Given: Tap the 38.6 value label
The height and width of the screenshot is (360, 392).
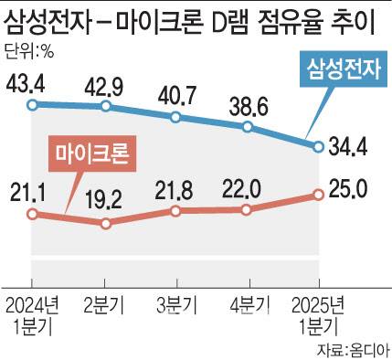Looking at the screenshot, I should click(x=246, y=104).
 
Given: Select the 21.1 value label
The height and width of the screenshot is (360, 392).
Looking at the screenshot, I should click(x=31, y=191).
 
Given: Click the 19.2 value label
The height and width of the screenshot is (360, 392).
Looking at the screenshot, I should click(x=108, y=197).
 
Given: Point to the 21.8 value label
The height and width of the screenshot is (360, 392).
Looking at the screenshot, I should click(x=175, y=188).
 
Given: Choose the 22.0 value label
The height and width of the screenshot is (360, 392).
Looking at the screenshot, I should click(x=245, y=188).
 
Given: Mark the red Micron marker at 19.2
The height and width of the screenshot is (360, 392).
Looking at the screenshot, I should click(x=108, y=222).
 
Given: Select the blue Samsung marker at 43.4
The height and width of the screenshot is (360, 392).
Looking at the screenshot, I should click(x=32, y=105).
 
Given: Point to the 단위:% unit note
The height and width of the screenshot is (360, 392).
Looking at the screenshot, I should click(x=30, y=49).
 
